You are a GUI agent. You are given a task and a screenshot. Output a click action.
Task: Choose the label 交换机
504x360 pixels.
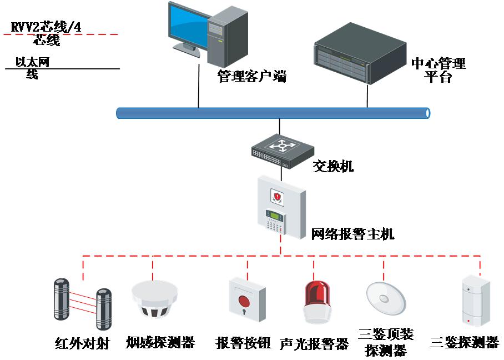[x=333, y=166]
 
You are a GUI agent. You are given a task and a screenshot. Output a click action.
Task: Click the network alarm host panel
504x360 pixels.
[x=282, y=207]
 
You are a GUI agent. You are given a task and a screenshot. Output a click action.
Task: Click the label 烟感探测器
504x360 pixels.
[x=161, y=342]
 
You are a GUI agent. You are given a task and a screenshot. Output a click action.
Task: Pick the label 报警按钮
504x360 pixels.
[x=243, y=343]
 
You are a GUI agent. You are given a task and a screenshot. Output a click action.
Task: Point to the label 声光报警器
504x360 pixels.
[x=314, y=344]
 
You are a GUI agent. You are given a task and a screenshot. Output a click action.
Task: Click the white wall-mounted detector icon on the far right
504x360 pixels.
[x=477, y=301]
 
